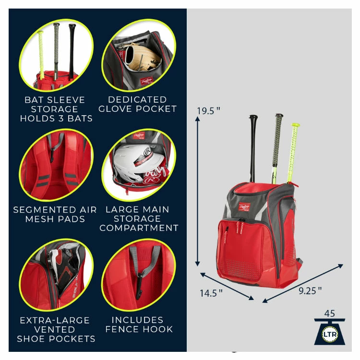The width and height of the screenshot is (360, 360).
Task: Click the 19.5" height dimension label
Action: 208,111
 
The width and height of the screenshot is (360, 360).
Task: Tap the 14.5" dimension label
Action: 211,292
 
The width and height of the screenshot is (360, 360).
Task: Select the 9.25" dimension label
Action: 310,289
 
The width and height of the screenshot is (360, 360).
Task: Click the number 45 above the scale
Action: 329,313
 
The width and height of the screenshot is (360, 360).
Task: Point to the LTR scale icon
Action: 329,332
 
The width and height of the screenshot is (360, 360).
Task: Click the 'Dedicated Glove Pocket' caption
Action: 138,104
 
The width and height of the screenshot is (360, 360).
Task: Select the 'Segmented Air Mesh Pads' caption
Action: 55,214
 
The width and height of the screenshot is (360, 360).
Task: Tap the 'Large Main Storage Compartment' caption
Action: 139,218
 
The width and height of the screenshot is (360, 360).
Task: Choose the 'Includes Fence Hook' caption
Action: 139,324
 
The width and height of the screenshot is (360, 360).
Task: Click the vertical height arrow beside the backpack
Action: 197,192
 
